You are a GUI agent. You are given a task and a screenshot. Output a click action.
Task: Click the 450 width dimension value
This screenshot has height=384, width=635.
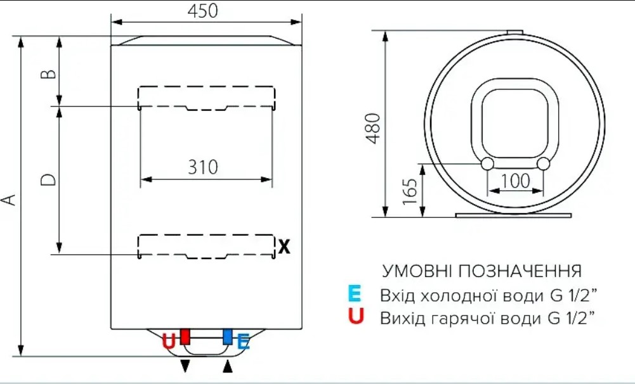pyautogui.click(x=202, y=11)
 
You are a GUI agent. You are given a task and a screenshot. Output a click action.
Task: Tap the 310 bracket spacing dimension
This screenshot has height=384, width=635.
pyautogui.click(x=203, y=167)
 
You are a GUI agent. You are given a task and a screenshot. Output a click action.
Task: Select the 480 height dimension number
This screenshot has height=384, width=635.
pyautogui.click(x=373, y=128)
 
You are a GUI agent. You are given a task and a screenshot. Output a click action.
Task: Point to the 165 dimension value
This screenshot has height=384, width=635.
pyautogui.click(x=410, y=191)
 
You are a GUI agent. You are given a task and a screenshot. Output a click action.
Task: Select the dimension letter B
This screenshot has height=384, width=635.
pyautogui.click(x=49, y=74)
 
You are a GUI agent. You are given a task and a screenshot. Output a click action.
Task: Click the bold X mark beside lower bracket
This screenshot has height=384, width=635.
pyautogui.click(x=284, y=246)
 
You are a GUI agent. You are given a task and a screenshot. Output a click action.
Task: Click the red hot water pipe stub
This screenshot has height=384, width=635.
pyautogui.click(x=185, y=336)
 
